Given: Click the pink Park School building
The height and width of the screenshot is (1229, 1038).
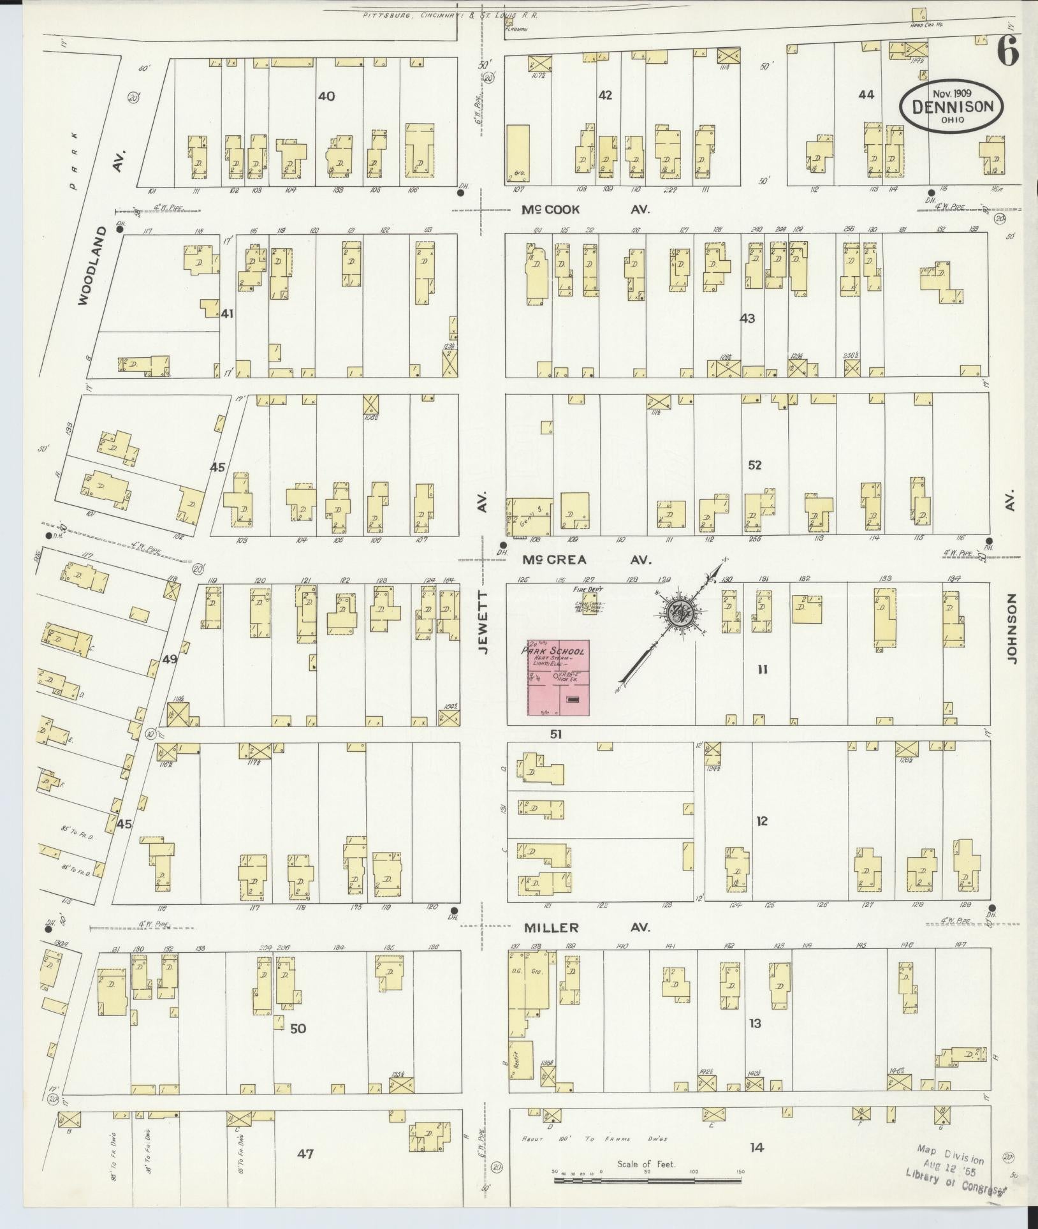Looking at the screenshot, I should point(557,678).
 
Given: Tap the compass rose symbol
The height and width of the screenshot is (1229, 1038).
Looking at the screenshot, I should point(681,613).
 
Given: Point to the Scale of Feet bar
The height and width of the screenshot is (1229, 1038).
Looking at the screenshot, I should point(647,1180).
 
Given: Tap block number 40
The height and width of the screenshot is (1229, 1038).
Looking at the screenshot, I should point(326,96).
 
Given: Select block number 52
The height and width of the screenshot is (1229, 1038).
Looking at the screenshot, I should point(755,465).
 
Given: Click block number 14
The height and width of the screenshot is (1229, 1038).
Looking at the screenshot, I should point(756,1147).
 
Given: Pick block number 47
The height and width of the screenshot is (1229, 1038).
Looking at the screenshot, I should point(306,1153).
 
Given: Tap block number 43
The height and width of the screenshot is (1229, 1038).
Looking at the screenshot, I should point(747,318).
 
